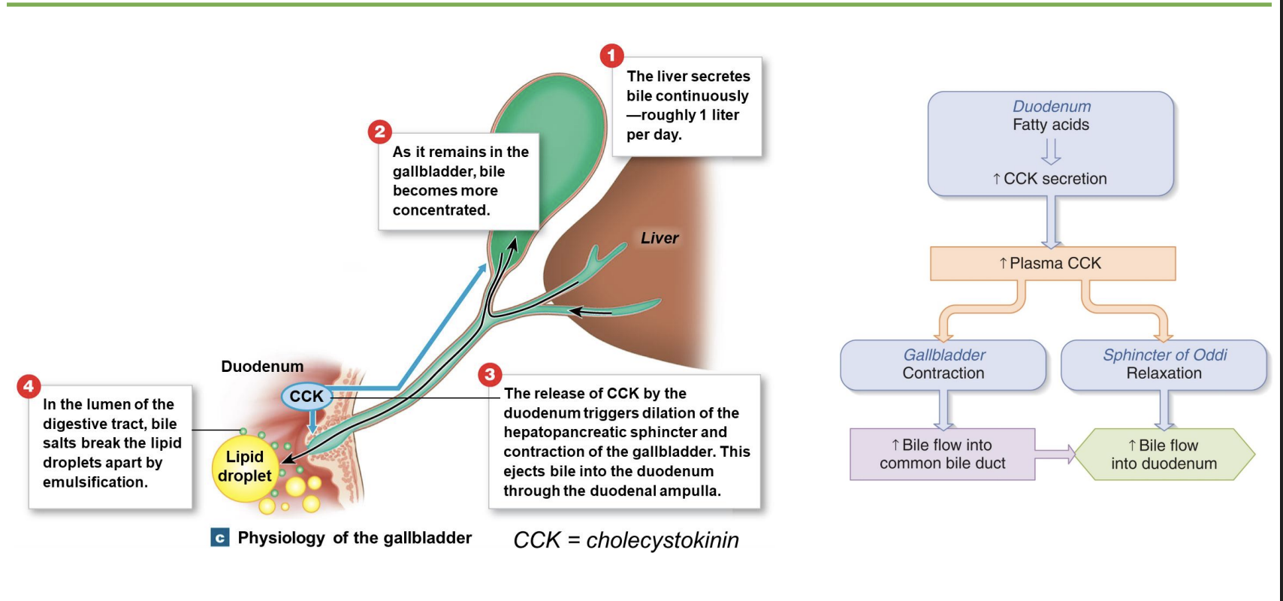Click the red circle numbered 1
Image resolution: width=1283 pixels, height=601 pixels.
pyautogui.click(x=611, y=55)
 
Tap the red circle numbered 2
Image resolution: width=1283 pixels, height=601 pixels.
pyautogui.click(x=379, y=132)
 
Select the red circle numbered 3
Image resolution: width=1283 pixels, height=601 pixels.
pyautogui.click(x=490, y=374)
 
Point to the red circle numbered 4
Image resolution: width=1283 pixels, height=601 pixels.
pyautogui.click(x=29, y=387)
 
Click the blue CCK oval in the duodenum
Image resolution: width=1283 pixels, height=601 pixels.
pyautogui.click(x=306, y=397)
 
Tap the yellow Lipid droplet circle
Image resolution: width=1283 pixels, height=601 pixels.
pyautogui.click(x=244, y=467)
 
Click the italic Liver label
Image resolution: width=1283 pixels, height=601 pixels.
pyautogui.click(x=659, y=238)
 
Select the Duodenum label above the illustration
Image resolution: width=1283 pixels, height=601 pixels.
pyautogui.click(x=262, y=367)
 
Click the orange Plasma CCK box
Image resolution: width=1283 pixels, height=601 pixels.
pyautogui.click(x=1052, y=264)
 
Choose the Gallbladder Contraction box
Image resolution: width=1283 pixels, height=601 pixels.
pyautogui.click(x=943, y=364)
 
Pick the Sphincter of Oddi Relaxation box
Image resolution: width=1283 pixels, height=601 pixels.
pyautogui.click(x=1164, y=364)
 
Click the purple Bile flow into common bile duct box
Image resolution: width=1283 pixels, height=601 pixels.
pyautogui.click(x=942, y=455)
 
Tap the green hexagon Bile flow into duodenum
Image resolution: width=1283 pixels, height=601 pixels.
pyautogui.click(x=1164, y=455)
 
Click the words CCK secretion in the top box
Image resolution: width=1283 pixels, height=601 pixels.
pyautogui.click(x=1055, y=179)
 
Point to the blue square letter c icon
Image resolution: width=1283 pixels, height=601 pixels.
pyautogui.click(x=219, y=538)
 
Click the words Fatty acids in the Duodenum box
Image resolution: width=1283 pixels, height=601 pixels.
pyautogui.click(x=1050, y=125)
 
